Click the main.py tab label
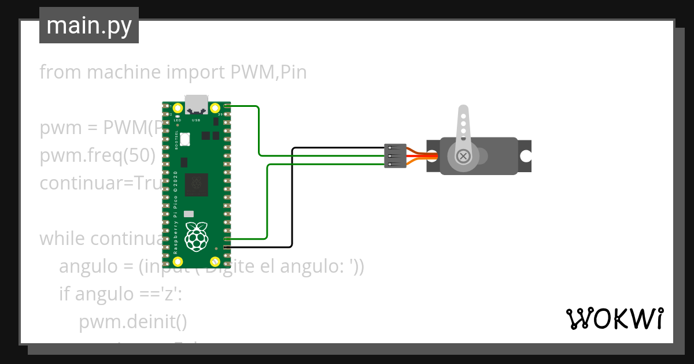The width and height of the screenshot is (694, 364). [x=88, y=25]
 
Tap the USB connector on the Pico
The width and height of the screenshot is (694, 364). [x=196, y=103]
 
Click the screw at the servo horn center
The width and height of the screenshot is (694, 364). [x=463, y=156]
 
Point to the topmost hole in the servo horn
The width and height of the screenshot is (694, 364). [x=462, y=115]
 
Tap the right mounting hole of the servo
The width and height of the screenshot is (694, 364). [x=525, y=156]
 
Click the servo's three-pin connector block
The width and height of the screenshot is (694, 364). [x=396, y=156]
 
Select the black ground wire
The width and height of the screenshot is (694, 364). [x=292, y=196]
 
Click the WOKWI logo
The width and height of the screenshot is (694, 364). [x=614, y=318]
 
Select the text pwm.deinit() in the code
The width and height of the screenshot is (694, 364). [x=132, y=321]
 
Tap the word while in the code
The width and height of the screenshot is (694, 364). [x=62, y=238]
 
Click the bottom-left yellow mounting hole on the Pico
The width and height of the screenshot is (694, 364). [x=178, y=261]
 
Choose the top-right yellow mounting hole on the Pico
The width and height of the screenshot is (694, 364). [x=215, y=107]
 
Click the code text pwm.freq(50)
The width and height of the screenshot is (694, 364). [x=98, y=155]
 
